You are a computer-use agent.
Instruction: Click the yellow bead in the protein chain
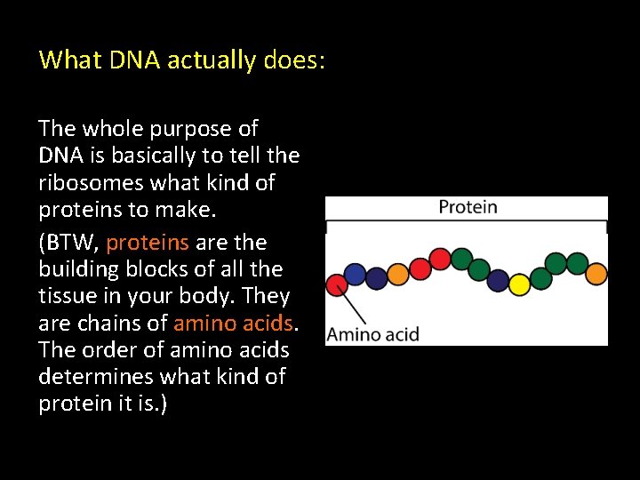[x=518, y=282]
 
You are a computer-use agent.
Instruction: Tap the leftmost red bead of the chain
[x=337, y=284]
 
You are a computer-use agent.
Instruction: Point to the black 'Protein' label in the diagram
[x=468, y=208]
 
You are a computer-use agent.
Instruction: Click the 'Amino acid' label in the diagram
[x=372, y=335]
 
